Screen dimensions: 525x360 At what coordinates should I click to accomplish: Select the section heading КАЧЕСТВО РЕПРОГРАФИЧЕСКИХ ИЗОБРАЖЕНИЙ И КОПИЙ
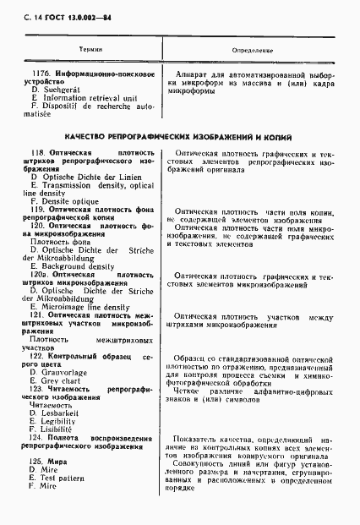(x=181, y=136)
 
